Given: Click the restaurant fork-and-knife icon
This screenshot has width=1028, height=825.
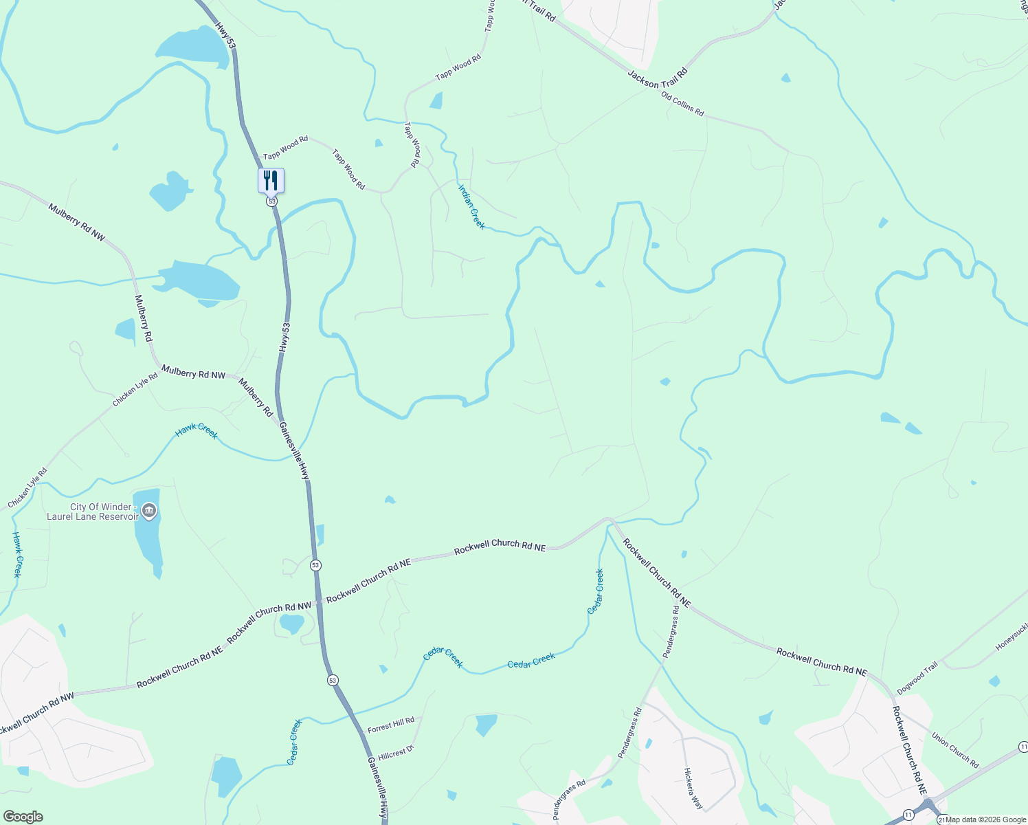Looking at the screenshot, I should (x=271, y=181).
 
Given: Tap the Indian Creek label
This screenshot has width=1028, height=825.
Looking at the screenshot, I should (x=471, y=207).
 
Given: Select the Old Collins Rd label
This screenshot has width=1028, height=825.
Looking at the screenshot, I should (x=682, y=104).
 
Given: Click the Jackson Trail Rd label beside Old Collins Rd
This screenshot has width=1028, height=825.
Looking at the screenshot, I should (x=657, y=79).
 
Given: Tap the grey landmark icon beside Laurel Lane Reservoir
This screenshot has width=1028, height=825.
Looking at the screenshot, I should (x=150, y=511).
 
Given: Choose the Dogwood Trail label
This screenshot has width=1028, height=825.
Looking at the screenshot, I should (x=917, y=678).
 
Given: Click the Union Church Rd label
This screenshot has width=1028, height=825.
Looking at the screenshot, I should (x=955, y=750).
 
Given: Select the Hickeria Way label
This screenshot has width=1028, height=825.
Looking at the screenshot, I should (x=693, y=789).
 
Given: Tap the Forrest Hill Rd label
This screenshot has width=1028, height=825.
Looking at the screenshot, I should (x=391, y=725).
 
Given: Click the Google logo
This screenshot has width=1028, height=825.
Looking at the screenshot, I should (x=23, y=817).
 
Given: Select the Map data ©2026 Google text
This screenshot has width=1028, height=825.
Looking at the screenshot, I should (x=985, y=819).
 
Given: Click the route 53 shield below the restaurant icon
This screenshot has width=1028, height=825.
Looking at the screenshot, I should (x=272, y=201).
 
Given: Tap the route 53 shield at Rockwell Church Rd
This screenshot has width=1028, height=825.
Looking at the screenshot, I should (x=315, y=565).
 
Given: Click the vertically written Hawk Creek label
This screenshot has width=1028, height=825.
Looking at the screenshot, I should (x=17, y=554).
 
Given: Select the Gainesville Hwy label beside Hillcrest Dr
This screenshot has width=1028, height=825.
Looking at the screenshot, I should (x=378, y=787).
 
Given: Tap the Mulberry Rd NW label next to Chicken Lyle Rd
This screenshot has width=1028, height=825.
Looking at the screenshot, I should (x=193, y=373).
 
